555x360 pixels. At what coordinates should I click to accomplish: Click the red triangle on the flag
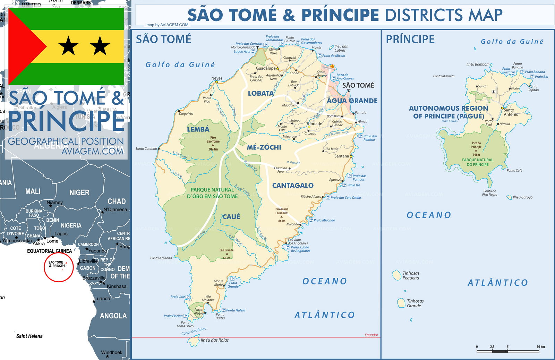click(x=23, y=46)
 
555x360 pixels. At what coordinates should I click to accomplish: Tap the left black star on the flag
click(x=68, y=46)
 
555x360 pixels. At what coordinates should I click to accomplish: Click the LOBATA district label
click(x=261, y=93)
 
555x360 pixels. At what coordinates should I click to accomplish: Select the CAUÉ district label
click(x=231, y=217)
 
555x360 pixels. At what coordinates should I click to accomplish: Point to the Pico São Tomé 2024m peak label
click(x=213, y=143)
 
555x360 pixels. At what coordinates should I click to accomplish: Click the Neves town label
click(x=217, y=78)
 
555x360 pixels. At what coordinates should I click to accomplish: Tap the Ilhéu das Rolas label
click(x=214, y=340)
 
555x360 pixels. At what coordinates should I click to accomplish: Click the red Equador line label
click(x=371, y=335)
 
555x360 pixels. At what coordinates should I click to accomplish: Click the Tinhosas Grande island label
click(x=415, y=303)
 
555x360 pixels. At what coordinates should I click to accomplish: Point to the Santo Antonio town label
click(x=511, y=112)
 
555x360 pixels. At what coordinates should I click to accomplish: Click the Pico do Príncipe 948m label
click(x=476, y=148)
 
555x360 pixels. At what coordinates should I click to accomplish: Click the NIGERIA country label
click(x=71, y=225)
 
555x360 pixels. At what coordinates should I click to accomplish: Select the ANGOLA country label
click(x=113, y=316)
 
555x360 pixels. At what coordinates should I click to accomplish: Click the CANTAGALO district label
click(x=293, y=186)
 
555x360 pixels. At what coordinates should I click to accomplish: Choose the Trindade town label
click(x=314, y=123)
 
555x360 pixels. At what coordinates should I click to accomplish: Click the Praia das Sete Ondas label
click(x=346, y=198)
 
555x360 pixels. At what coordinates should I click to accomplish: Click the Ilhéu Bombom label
click(x=478, y=65)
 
